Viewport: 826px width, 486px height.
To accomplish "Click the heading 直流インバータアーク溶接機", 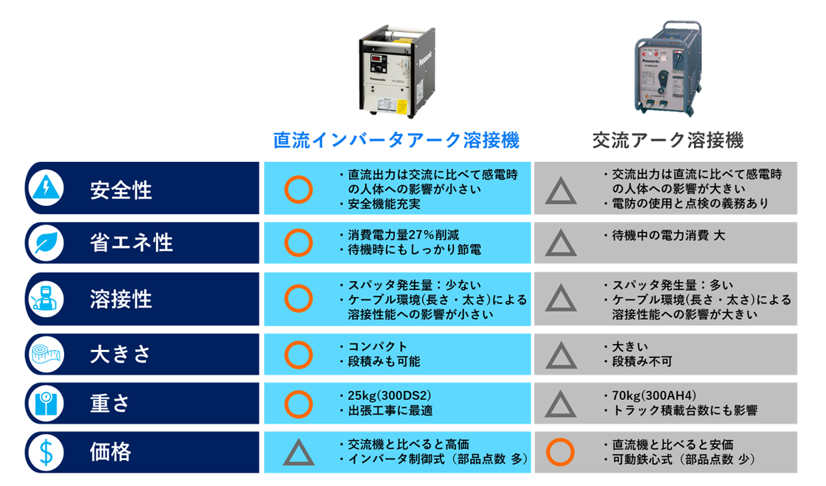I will [x=396, y=140].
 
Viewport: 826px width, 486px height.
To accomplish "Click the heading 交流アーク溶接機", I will [x=667, y=140].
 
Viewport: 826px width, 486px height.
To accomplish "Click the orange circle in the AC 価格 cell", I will [x=560, y=452].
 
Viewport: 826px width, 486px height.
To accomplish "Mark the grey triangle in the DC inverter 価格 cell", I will [x=299, y=453].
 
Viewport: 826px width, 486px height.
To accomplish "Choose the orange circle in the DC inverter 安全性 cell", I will [x=298, y=189].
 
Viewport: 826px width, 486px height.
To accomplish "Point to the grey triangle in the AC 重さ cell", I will [x=561, y=404].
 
